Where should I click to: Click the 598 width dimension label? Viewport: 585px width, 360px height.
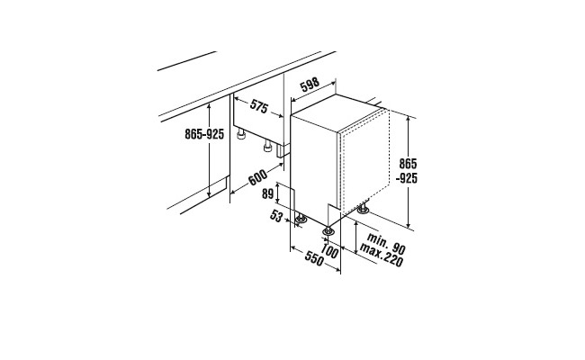tap(310, 85)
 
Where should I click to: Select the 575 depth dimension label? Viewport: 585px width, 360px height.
tap(259, 106)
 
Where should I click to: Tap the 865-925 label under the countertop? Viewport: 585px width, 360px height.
tap(204, 134)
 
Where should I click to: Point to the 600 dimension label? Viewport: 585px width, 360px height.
tap(257, 177)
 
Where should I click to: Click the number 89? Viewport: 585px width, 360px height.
tap(268, 194)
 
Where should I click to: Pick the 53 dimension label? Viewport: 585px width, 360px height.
tap(276, 216)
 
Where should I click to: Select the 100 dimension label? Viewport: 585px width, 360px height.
tap(329, 251)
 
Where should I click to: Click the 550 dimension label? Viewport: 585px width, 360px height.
tap(314, 258)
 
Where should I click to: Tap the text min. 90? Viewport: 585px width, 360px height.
tap(386, 243)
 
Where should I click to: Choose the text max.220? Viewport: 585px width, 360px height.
tap(382, 256)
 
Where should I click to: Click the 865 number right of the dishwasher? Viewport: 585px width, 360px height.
tap(408, 164)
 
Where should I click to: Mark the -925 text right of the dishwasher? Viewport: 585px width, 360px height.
tap(407, 179)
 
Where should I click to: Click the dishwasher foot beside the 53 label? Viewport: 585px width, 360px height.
tap(301, 220)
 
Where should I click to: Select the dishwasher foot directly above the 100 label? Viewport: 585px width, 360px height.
tap(328, 231)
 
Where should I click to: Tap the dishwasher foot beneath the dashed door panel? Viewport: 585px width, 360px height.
tap(363, 209)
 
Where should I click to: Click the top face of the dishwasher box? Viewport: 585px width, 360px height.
tap(337, 112)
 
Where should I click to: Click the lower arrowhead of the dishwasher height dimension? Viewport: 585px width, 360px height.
tap(409, 224)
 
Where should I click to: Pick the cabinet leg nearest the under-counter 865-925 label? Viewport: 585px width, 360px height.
tap(241, 134)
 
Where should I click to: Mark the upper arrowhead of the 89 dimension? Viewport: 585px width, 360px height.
tap(278, 185)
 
